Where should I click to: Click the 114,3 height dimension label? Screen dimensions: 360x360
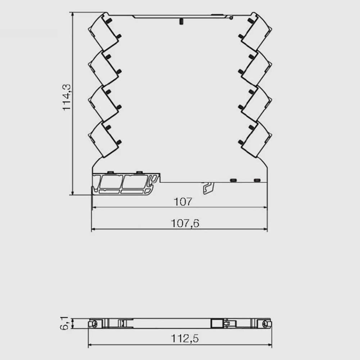point(67,97)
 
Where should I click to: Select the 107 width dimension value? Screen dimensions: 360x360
point(183,202)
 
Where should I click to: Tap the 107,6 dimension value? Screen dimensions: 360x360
point(185,224)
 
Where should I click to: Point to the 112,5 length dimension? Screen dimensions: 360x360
point(185,338)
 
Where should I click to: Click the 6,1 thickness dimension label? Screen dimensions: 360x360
point(64,323)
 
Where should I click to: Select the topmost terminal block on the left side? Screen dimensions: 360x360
point(104,32)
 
